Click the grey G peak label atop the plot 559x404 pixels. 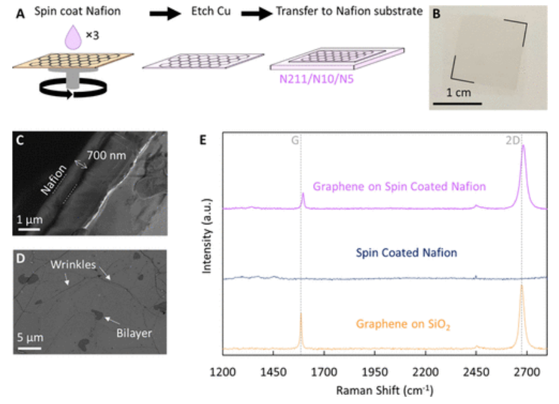(x=295, y=138)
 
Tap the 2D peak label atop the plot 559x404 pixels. (x=513, y=138)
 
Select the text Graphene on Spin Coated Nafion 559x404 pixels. (x=399, y=186)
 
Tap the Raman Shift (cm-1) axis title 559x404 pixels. (x=385, y=391)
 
